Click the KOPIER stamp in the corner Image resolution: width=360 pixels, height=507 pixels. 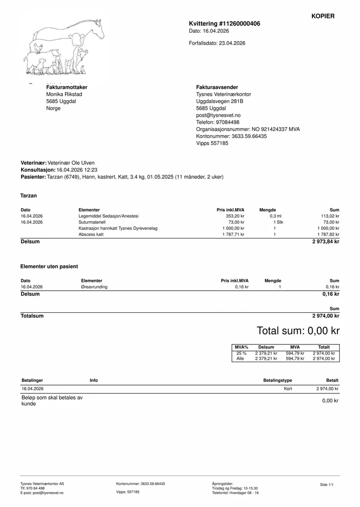coord(323,16)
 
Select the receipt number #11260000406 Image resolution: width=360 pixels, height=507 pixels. coord(240,23)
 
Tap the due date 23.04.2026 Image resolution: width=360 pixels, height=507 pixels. coord(232,43)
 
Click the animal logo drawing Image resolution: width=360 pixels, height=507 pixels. coord(64,47)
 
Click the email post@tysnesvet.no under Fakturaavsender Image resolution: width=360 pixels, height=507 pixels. coord(218,115)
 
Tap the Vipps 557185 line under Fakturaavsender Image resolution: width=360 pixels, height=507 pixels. coord(212,143)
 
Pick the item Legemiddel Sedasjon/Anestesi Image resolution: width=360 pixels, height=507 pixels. coord(108,216)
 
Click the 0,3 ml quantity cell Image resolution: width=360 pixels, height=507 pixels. coord(276,216)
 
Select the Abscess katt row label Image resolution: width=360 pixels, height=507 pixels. coord(91,235)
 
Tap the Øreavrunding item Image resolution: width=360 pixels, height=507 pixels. coord(95,287)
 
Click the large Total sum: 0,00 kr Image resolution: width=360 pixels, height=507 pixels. coord(298,330)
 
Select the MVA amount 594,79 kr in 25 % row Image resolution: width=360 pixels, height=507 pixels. coord(295,353)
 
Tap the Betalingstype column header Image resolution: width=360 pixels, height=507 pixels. coord(277,380)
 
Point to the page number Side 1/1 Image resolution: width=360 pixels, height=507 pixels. coord(326,485)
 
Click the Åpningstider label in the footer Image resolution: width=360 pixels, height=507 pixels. coord(222,483)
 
